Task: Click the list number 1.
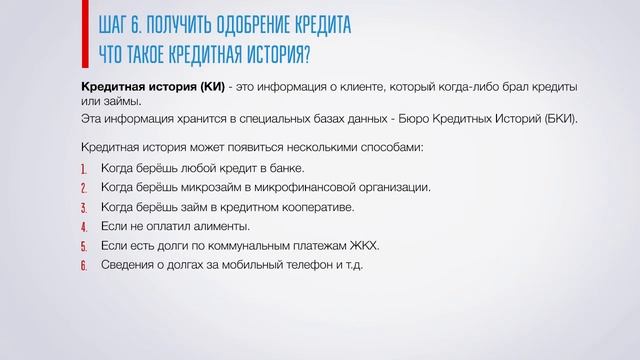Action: pos(84,168)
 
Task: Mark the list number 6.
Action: pos(84,265)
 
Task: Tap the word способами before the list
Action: pos(388,147)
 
